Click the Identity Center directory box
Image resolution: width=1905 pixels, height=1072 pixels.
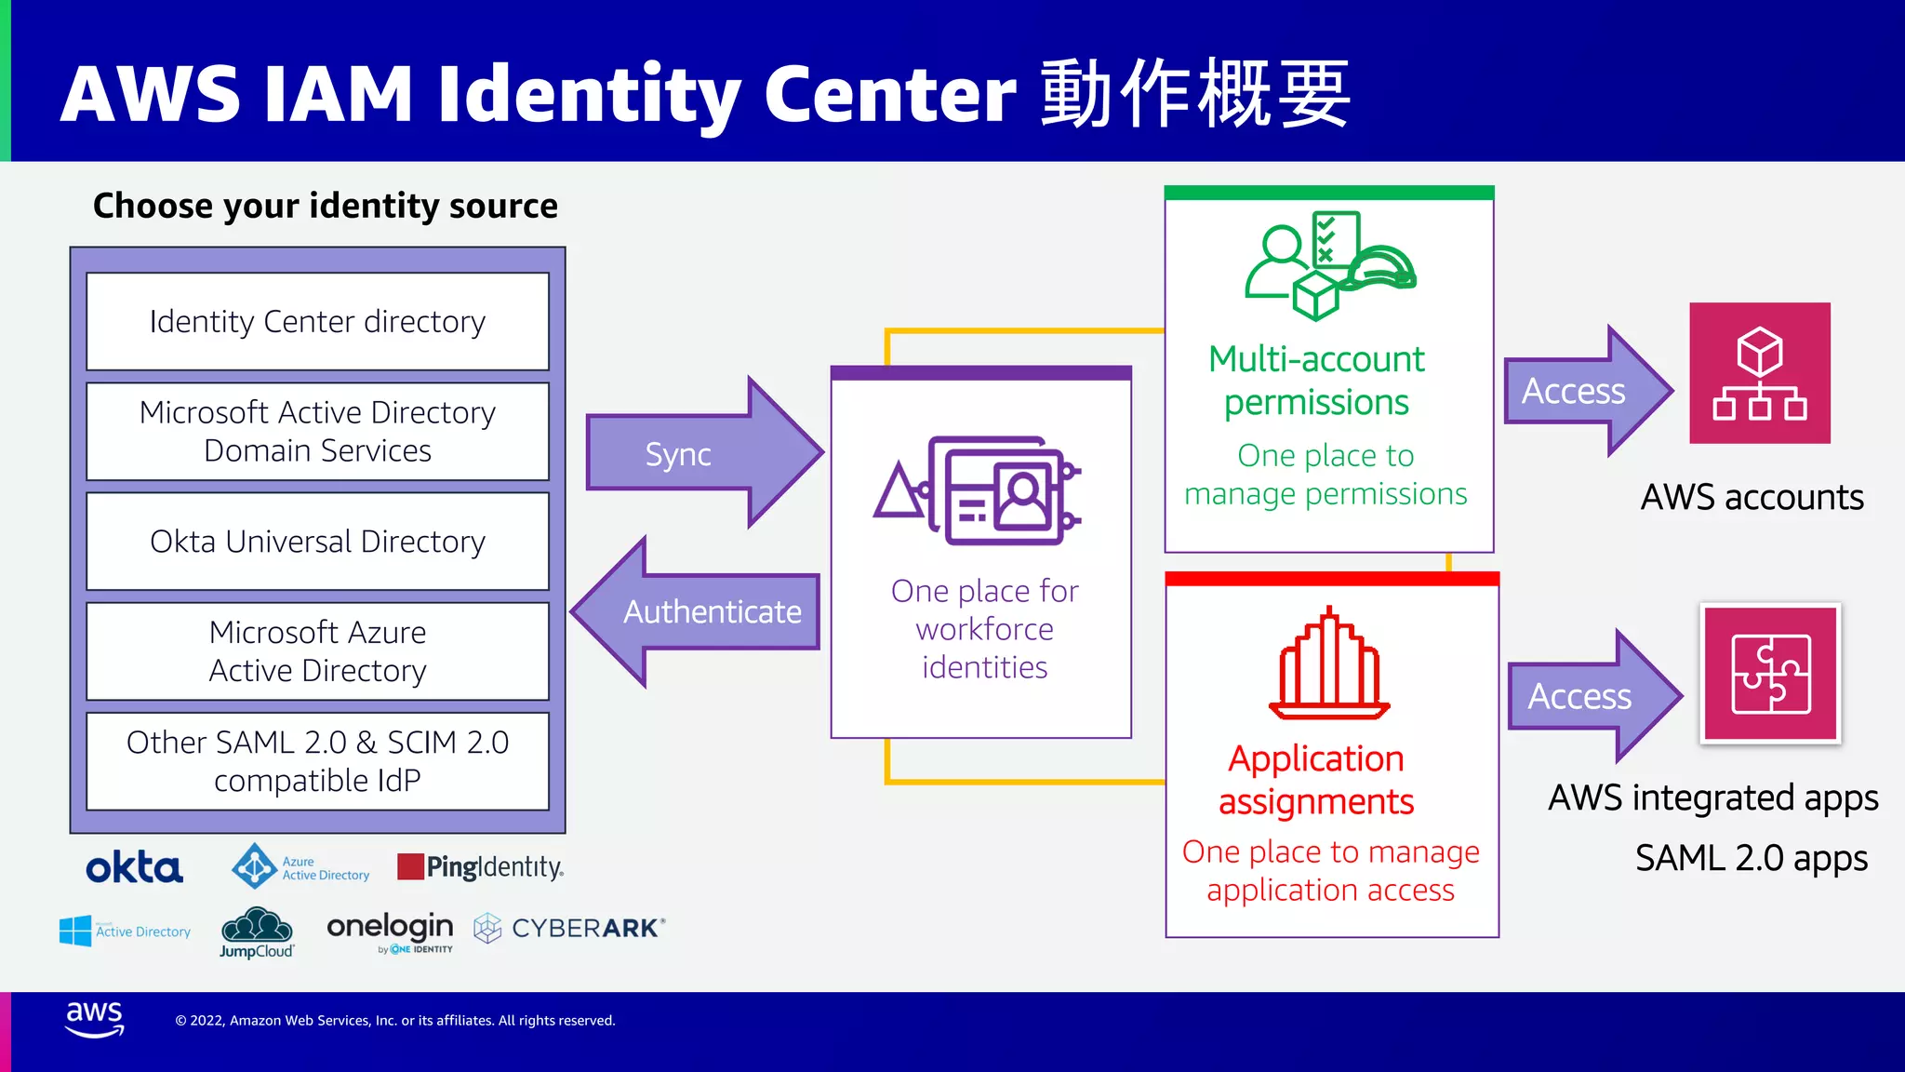tap(317, 321)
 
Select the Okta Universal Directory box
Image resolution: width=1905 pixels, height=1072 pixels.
tap(317, 541)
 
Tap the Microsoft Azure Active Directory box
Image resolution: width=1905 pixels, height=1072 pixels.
tap(317, 650)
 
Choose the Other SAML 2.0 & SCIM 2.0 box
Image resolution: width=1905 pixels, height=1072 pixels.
tap(317, 760)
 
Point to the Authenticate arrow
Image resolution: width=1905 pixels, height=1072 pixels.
tap(698, 611)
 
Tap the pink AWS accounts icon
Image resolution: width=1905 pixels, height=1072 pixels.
tap(1760, 372)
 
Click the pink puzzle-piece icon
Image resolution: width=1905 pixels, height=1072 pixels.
tap(1770, 673)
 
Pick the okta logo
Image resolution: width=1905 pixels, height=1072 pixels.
tap(134, 867)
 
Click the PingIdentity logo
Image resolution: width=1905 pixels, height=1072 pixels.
tap(480, 867)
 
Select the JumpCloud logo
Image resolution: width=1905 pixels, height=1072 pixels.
tap(257, 932)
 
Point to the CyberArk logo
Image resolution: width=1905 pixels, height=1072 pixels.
tap(569, 928)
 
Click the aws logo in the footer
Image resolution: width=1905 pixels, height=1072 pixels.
tap(94, 1018)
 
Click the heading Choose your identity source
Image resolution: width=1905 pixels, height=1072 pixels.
tap(326, 206)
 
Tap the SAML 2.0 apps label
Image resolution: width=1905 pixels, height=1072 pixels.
tap(1752, 858)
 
